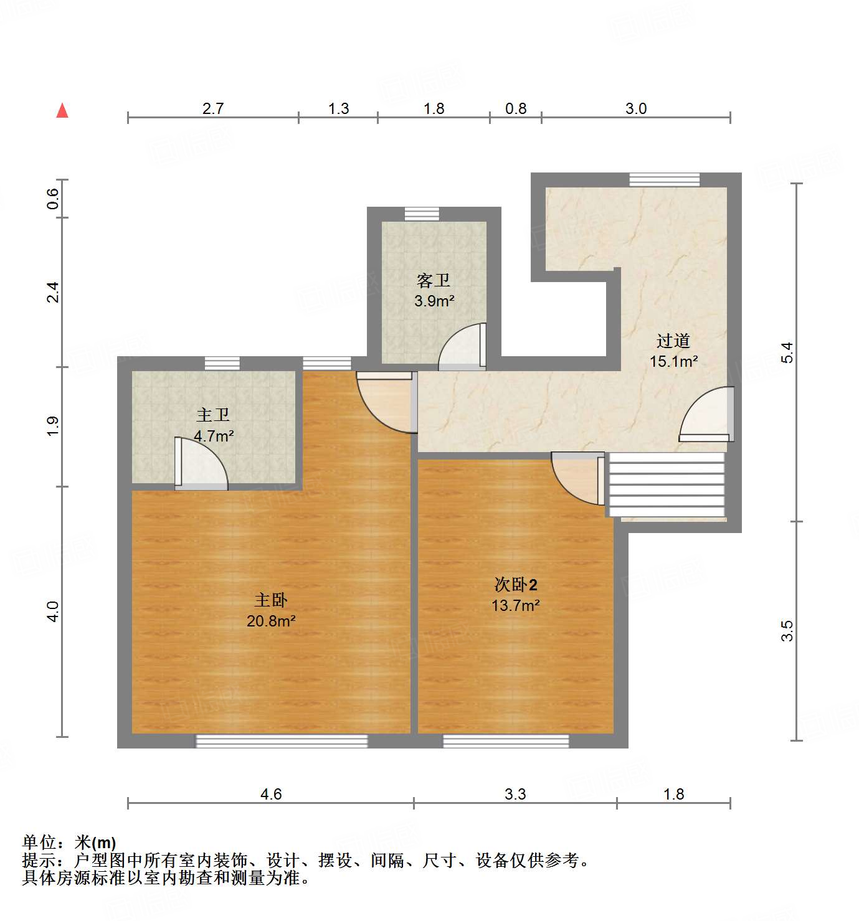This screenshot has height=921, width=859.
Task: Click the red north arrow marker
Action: point(62,111)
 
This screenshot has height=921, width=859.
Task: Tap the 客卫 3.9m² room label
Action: point(434,291)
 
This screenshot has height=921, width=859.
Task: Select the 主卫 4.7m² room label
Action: point(214,425)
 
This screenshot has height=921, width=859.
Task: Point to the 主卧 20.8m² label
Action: point(271,610)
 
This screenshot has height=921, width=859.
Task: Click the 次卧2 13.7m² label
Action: point(515,595)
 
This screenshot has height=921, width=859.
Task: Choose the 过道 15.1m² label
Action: point(673,351)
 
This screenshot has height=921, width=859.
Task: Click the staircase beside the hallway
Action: point(667,484)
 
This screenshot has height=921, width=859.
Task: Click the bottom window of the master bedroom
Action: point(282,741)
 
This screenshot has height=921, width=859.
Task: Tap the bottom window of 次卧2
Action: point(506,741)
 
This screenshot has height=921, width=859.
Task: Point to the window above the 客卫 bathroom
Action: point(422,214)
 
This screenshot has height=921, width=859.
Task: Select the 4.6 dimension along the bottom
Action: point(271,794)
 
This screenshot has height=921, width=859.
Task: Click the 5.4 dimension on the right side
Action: point(788,352)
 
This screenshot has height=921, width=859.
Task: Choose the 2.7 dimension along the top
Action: point(213,108)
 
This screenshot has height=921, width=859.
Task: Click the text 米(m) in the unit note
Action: point(95,843)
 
